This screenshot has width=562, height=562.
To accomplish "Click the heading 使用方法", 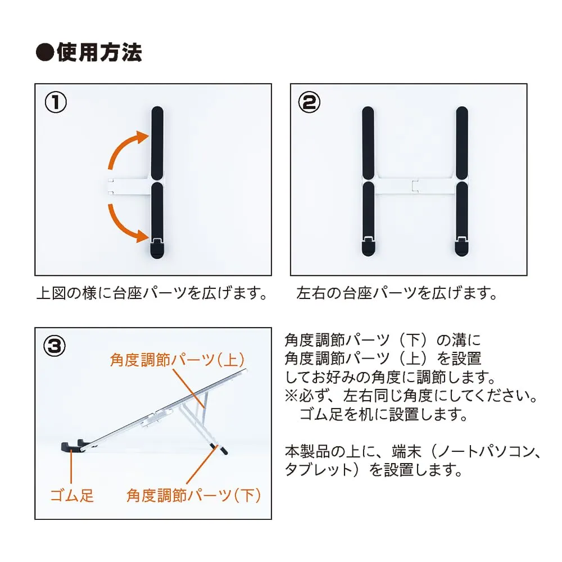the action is coord(99,52).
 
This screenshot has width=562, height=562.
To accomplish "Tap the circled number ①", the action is coord(56,102).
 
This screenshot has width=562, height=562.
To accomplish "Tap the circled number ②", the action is coord(309,102).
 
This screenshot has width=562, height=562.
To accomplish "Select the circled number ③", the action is coord(55,346).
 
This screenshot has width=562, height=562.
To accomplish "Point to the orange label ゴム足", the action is coord(72,496).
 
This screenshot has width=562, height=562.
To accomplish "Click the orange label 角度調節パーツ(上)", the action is coord(178,360).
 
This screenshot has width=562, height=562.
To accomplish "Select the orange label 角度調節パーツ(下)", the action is coord(193,496).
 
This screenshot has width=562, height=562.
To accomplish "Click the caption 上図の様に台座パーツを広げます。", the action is coord(152,293).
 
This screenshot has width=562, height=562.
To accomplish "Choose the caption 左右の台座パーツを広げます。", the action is coord(397,293).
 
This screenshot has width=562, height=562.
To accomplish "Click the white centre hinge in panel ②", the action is coord(415,186).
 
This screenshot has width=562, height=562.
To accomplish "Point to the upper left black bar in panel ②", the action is coord(368,143).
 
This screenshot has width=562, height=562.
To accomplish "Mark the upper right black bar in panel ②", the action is coord(462,143).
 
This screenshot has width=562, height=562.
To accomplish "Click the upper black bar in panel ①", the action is coord(157,143).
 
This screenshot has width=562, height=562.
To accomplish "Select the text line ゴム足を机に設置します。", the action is coord(383,415).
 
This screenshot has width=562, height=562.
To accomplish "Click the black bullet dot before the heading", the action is coord(45,53).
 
